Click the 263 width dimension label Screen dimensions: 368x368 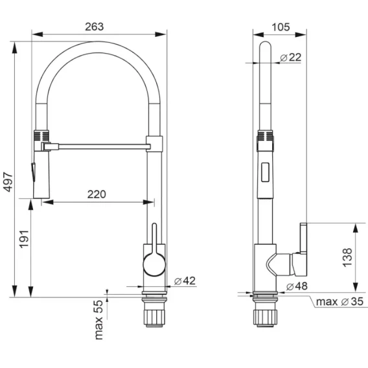[95, 27]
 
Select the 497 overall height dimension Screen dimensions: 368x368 [9, 181]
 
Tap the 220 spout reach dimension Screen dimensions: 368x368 [97, 194]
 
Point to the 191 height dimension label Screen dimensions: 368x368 [24, 239]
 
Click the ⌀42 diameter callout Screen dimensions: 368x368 [185, 281]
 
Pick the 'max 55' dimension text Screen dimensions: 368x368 [98, 319]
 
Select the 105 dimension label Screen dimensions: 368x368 [281, 27]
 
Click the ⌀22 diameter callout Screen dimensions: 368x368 [290, 57]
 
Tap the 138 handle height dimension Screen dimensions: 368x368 [347, 257]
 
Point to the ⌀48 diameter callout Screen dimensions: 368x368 [297, 286]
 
